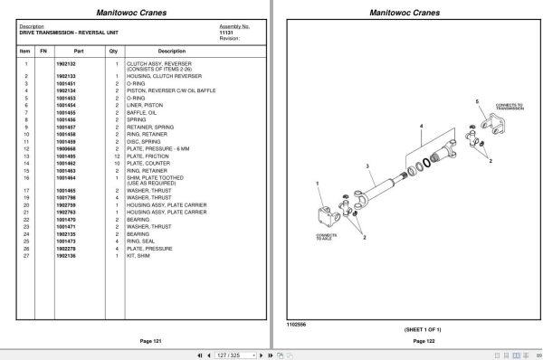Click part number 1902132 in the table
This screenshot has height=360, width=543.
click(66, 64)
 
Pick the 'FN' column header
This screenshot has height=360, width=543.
click(43, 52)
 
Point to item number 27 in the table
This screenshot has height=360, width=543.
click(25, 255)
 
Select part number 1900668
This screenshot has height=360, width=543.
click(66, 149)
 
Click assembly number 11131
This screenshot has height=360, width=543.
click(226, 33)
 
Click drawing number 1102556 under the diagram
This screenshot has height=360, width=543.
click(296, 324)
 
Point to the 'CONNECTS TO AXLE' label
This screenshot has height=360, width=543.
click(326, 238)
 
